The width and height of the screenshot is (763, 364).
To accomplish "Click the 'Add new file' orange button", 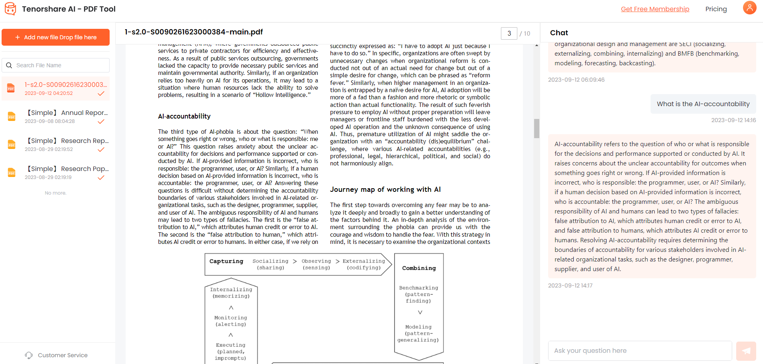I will coord(56,37).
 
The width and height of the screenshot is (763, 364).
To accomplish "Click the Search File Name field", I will coord(60,65).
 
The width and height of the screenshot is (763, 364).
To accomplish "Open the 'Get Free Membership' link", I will coord(655,9).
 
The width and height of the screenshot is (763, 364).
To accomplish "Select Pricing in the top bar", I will coord(716,9).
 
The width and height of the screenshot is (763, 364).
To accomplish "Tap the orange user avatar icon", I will coord(749,8).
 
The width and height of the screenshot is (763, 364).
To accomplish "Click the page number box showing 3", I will coord(509,34).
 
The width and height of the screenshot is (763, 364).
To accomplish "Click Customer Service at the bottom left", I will coord(62,355).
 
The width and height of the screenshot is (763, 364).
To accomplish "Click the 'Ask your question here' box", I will coord(639,351).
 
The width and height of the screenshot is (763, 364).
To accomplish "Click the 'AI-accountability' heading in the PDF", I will coord(184,116).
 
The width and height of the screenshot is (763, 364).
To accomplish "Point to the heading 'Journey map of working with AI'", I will coord(385,189).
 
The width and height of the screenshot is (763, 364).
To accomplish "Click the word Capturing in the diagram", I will coord(226,261).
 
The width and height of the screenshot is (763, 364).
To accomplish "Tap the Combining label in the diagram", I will coord(419,268).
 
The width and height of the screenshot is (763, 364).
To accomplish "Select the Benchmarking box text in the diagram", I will coord(419,294).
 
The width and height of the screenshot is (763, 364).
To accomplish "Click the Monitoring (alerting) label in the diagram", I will coord(231,321).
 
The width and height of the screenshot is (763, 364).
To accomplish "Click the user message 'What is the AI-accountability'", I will coord(703,104).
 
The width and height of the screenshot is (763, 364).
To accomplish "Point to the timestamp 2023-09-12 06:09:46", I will coord(576,80).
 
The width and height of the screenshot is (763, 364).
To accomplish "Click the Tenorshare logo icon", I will coord(10,9).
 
